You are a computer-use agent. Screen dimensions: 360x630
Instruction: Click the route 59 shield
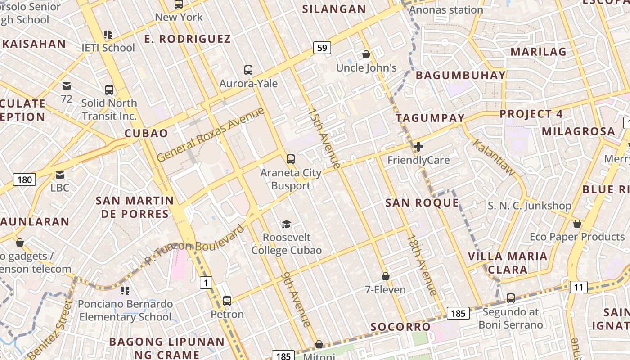[322, 48]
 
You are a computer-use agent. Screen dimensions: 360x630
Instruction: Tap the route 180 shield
[25, 180]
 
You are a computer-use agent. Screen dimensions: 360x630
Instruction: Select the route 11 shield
[578, 287]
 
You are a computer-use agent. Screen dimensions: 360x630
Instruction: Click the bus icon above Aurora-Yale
[248, 70]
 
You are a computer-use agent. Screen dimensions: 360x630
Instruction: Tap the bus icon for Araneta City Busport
[291, 159]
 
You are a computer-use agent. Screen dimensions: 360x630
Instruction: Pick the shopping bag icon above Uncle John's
[366, 54]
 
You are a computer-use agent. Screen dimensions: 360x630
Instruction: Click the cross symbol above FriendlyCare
[418, 147]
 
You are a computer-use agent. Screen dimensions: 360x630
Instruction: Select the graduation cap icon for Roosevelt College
[286, 224]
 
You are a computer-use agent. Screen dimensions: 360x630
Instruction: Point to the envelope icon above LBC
[59, 175]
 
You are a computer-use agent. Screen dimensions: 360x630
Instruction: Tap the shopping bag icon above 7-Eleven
[385, 276]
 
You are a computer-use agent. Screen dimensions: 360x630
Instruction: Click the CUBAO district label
[146, 133]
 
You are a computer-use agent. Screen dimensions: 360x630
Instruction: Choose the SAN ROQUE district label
[422, 203]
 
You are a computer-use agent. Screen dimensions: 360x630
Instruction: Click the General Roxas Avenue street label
[211, 135]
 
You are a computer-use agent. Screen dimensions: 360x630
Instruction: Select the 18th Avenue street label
[422, 265]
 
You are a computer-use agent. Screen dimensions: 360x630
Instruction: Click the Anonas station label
[446, 10]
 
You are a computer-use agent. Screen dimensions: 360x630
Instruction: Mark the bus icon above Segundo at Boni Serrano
[511, 298]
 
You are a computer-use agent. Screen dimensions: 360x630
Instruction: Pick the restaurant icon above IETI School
[108, 34]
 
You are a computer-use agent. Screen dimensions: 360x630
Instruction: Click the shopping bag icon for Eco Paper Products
[577, 224]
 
